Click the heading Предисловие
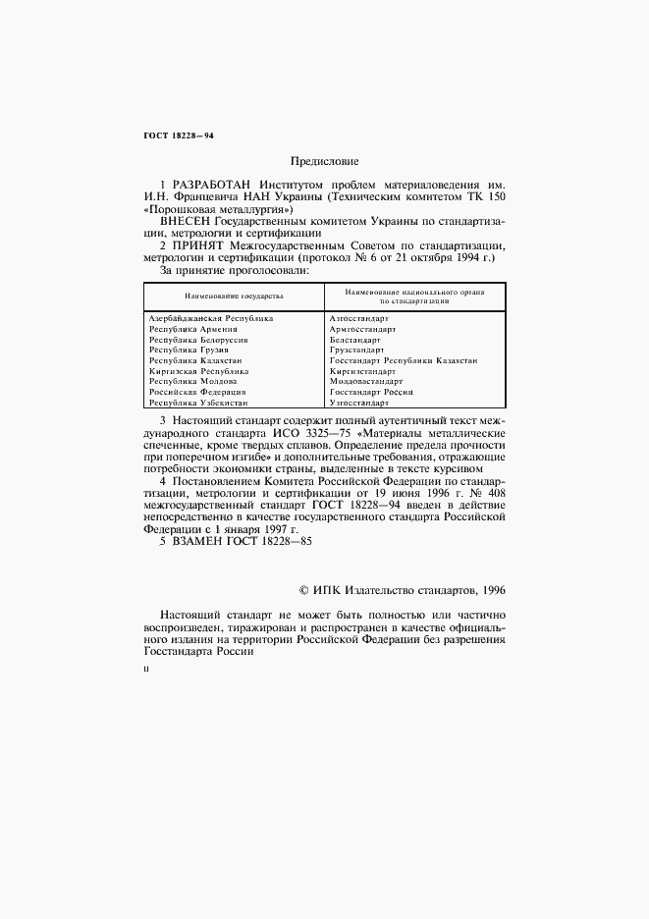coord(324,160)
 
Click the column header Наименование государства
coord(234,295)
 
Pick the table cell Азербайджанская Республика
coord(211,319)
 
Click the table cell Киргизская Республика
coord(199,371)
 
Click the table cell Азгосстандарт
coord(359,319)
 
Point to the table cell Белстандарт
coord(354,340)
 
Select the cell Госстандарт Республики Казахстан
coord(404,361)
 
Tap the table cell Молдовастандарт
coord(367,382)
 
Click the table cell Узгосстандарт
coord(359,403)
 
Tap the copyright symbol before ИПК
coord(303,589)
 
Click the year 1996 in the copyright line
coord(489,589)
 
